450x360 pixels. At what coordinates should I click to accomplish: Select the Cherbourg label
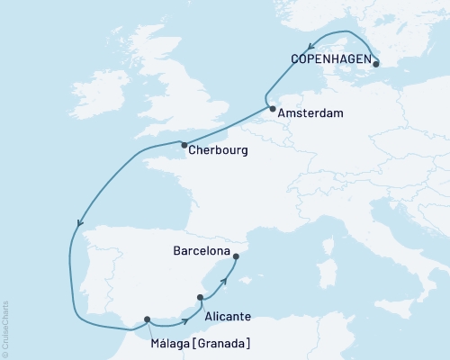point(218,150)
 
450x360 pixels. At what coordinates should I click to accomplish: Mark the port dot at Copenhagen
point(375,64)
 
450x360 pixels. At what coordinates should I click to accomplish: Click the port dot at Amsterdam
point(272,109)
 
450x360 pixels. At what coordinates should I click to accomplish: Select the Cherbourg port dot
point(184,145)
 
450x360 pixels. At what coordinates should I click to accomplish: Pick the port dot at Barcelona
point(236,256)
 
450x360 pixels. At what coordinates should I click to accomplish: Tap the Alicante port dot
point(200,296)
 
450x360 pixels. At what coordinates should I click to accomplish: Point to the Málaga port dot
point(147,319)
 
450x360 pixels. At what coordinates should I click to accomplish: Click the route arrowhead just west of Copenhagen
point(310,48)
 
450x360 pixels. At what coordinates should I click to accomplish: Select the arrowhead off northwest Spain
point(80,225)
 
